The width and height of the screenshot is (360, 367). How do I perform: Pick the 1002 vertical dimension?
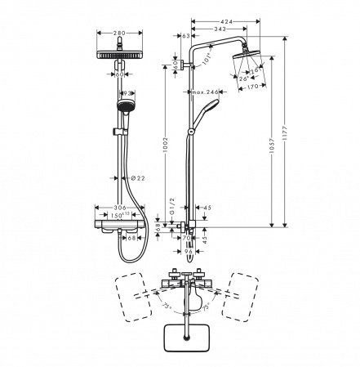[x=167, y=147]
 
